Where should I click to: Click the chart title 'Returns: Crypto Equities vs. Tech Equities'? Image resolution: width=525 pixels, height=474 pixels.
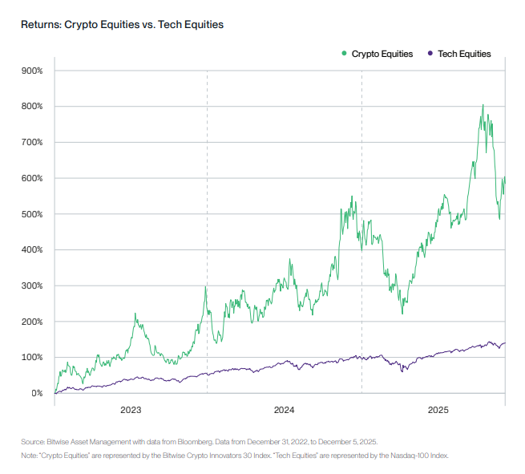(122, 25)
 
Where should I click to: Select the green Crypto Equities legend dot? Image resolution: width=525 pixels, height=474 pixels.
(345, 54)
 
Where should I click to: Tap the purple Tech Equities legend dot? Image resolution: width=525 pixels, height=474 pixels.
(430, 54)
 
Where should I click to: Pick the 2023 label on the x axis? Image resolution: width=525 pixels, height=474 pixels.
(131, 411)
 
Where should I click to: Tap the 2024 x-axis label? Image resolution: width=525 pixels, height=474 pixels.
(284, 411)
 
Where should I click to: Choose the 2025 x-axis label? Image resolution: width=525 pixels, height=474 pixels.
(438, 411)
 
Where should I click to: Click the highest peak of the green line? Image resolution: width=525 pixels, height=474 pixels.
(483, 104)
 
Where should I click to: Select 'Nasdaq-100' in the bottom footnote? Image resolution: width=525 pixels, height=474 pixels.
(418, 455)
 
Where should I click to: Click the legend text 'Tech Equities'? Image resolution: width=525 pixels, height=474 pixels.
(465, 54)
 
